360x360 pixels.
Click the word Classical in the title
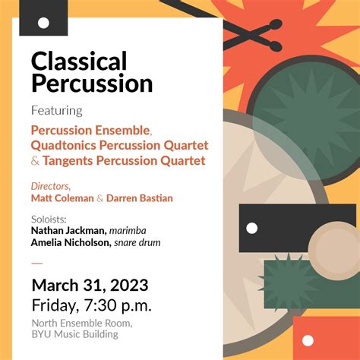pyautogui.click(x=78, y=62)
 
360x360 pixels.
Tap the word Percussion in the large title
pyautogui.click(x=92, y=84)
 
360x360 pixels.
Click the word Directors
pyautogui.click(x=51, y=186)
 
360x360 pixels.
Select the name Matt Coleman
pyautogui.click(x=62, y=198)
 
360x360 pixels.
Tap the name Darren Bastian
pyautogui.click(x=140, y=198)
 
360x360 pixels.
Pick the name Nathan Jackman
pyautogui.click(x=68, y=230)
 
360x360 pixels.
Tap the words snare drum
pyautogui.click(x=137, y=242)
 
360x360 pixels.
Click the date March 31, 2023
pyautogui.click(x=90, y=286)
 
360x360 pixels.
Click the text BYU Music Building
pyautogui.click(x=74, y=334)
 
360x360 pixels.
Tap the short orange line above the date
pyautogui.click(x=37, y=263)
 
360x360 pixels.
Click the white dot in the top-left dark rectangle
pyautogui.click(x=43, y=22)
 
